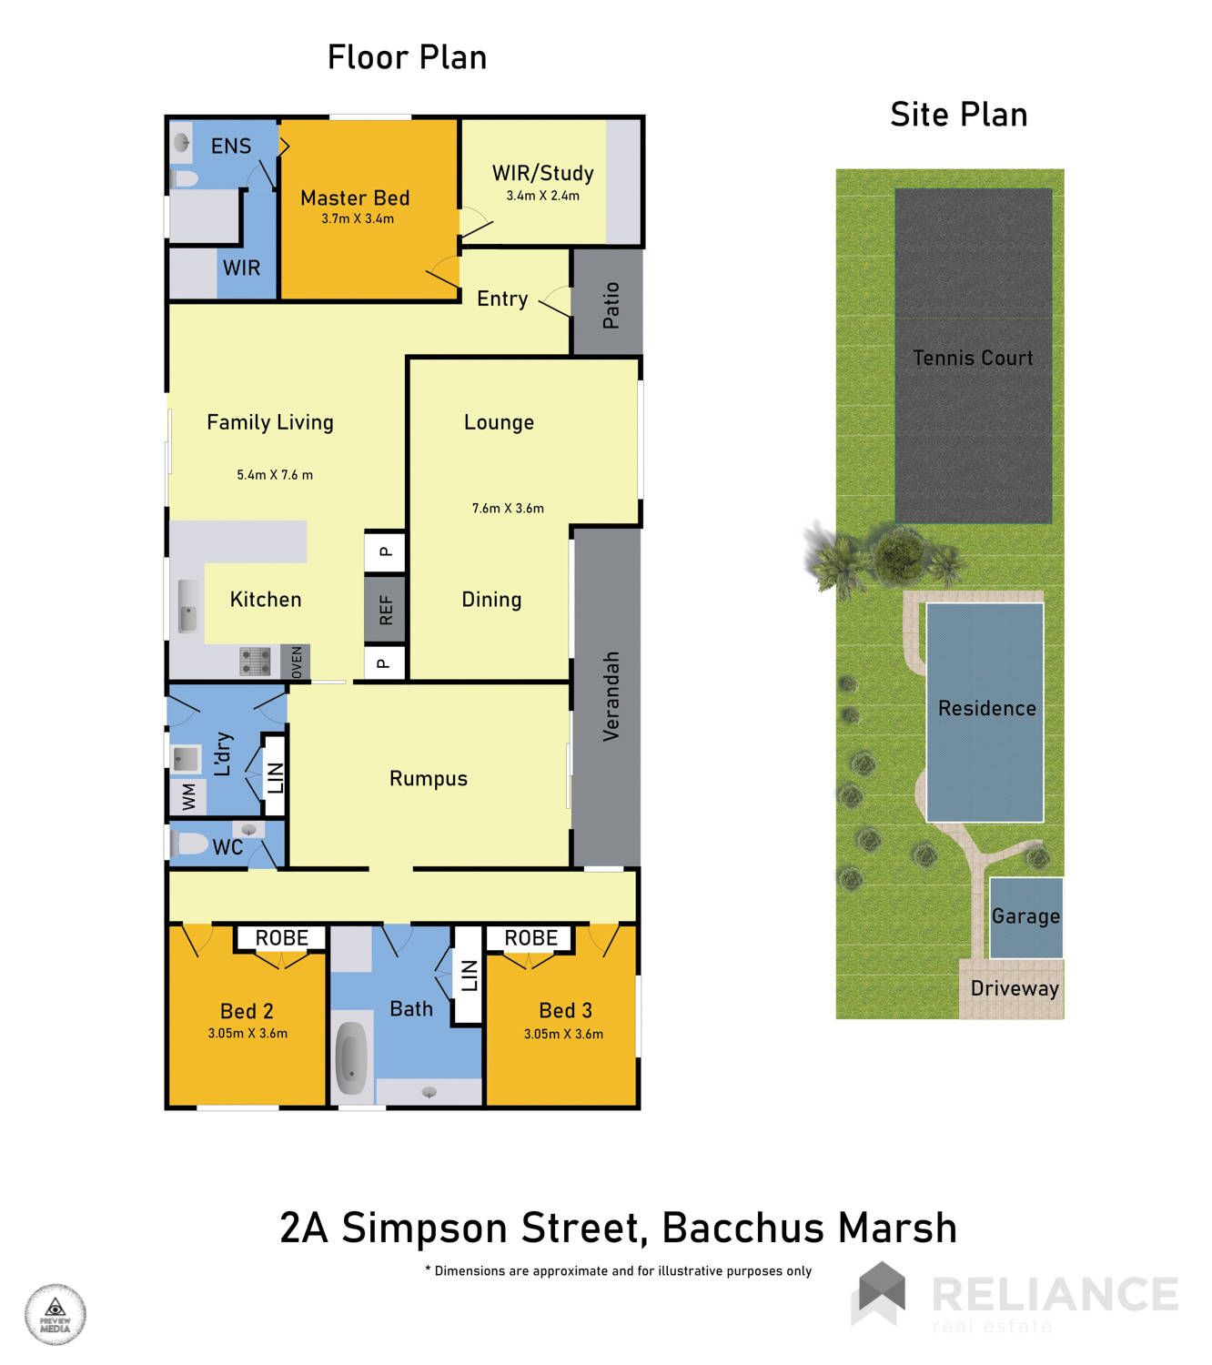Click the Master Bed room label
click(354, 197)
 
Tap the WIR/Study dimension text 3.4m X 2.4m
click(542, 196)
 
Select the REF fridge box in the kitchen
click(385, 609)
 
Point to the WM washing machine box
click(188, 797)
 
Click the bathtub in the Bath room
click(351, 1057)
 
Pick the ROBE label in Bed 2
click(281, 937)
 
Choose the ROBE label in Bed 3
click(530, 937)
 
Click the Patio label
click(611, 305)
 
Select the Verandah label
click(611, 696)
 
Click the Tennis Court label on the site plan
click(972, 357)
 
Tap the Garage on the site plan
click(1025, 917)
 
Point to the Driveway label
click(1014, 988)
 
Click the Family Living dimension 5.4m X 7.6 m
click(274, 474)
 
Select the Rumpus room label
click(428, 778)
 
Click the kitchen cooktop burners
click(256, 661)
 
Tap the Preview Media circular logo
click(56, 1314)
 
